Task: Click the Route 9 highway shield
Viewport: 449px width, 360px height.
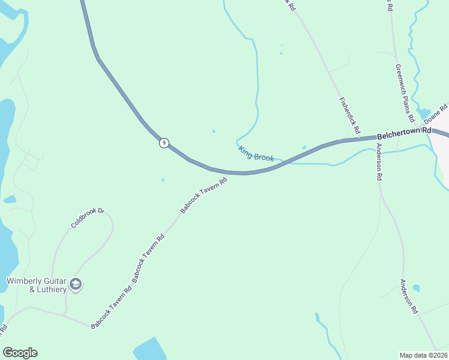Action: point(164,143)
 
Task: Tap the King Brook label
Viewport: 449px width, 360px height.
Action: point(256,154)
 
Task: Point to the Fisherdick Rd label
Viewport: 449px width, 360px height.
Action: point(349,115)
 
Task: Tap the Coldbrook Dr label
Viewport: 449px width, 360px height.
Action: point(88,218)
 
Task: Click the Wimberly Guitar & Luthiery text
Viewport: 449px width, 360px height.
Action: point(35,285)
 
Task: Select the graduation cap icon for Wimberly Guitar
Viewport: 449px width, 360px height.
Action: point(76,284)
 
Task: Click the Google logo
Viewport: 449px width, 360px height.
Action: point(20,353)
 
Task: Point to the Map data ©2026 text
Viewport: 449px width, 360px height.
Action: point(423,355)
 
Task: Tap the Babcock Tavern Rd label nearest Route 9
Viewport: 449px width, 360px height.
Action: point(204,195)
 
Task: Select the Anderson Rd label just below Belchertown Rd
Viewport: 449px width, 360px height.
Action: point(379,162)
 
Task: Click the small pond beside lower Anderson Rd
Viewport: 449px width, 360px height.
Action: point(416,288)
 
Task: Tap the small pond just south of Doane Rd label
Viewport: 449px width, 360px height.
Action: point(424,113)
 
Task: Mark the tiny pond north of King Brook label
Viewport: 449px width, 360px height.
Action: point(214,131)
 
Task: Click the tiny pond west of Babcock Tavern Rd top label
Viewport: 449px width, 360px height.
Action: point(163,179)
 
